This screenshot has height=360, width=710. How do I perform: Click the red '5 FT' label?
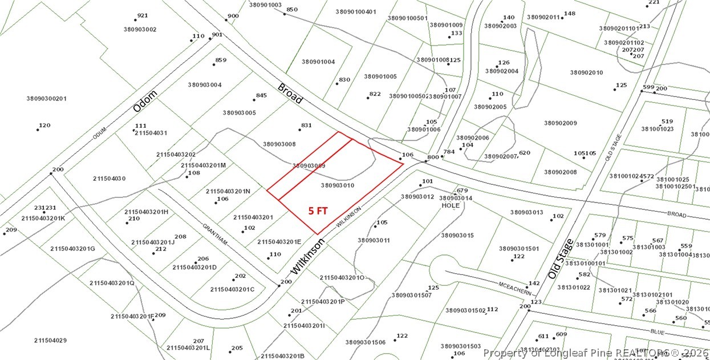318,211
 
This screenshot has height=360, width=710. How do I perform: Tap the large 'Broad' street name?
290,94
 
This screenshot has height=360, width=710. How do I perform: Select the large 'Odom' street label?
144,100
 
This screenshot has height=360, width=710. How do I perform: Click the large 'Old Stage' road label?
561,259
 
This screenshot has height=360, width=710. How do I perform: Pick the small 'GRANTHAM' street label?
215,234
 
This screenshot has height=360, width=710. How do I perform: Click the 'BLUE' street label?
658,331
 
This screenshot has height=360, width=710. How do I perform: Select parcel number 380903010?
338,185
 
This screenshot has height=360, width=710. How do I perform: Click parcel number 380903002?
140,29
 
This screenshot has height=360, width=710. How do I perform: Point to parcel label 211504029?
50,341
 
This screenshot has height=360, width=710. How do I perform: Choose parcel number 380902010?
586,72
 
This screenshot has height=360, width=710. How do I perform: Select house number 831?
306,126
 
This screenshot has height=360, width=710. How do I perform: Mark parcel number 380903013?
527,212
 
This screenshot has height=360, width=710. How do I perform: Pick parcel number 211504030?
109,179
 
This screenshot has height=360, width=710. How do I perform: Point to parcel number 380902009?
561,123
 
